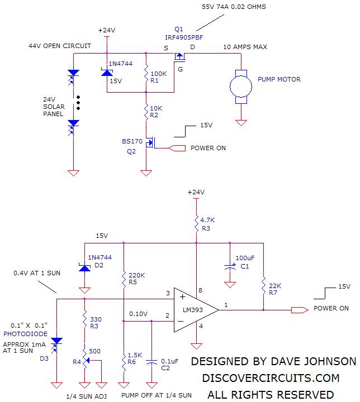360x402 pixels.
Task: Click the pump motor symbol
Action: coord(241,86)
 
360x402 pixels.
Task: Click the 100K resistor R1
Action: coord(146,73)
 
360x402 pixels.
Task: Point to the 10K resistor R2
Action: coord(146,112)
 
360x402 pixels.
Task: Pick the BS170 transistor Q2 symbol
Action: coord(148,143)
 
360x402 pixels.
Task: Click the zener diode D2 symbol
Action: coord(84,267)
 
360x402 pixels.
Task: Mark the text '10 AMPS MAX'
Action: coord(245,46)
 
